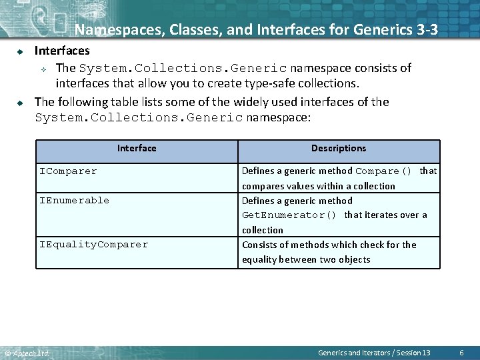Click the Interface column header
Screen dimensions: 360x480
coord(137,149)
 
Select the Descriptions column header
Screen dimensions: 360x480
coord(339,149)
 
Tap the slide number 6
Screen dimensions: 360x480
coord(462,352)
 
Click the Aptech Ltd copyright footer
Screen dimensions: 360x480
coord(27,353)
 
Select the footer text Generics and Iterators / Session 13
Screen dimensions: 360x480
coord(374,352)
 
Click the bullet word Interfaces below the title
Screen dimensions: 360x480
coord(62,51)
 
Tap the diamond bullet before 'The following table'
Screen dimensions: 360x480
coord(21,102)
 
